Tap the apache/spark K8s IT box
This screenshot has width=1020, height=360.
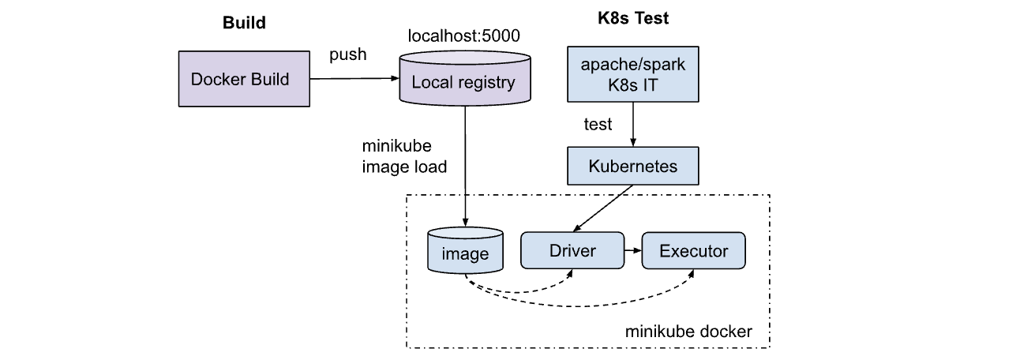tap(632, 73)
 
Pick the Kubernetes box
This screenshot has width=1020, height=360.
tap(632, 167)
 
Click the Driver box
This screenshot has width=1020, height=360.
tap(572, 252)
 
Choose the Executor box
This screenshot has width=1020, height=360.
tap(693, 252)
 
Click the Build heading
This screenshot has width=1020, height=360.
tap(243, 23)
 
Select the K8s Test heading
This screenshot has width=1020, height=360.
tap(633, 18)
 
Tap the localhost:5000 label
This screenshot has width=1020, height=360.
tap(463, 36)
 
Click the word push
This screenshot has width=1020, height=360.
tap(347, 56)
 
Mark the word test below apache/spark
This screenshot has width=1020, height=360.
tap(598, 125)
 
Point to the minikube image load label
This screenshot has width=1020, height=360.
tap(404, 156)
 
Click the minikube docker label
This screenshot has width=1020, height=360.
tap(688, 332)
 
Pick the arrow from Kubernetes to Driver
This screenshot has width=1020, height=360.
tap(604, 207)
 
